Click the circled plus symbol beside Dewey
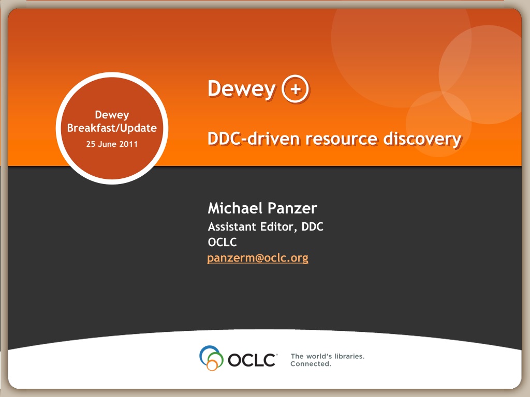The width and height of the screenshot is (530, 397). click(x=296, y=89)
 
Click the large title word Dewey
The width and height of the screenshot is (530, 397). click(x=242, y=89)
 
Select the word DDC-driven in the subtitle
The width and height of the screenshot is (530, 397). click(x=254, y=139)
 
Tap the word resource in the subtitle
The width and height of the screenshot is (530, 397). click(x=342, y=139)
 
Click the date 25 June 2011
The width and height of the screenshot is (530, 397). click(x=112, y=144)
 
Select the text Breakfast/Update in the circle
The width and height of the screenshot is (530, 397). click(x=112, y=128)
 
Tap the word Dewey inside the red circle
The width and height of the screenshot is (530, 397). click(x=112, y=115)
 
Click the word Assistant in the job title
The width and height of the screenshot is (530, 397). click(x=231, y=226)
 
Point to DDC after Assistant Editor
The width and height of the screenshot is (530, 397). click(x=312, y=226)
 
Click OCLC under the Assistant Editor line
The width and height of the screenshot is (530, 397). click(x=222, y=242)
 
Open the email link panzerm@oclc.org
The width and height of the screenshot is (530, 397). click(x=258, y=258)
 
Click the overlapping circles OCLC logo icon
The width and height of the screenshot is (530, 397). click(x=211, y=358)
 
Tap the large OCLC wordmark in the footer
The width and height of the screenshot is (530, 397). click(x=252, y=360)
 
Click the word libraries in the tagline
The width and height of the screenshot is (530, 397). click(x=349, y=356)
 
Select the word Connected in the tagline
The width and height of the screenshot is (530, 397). click(x=311, y=364)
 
